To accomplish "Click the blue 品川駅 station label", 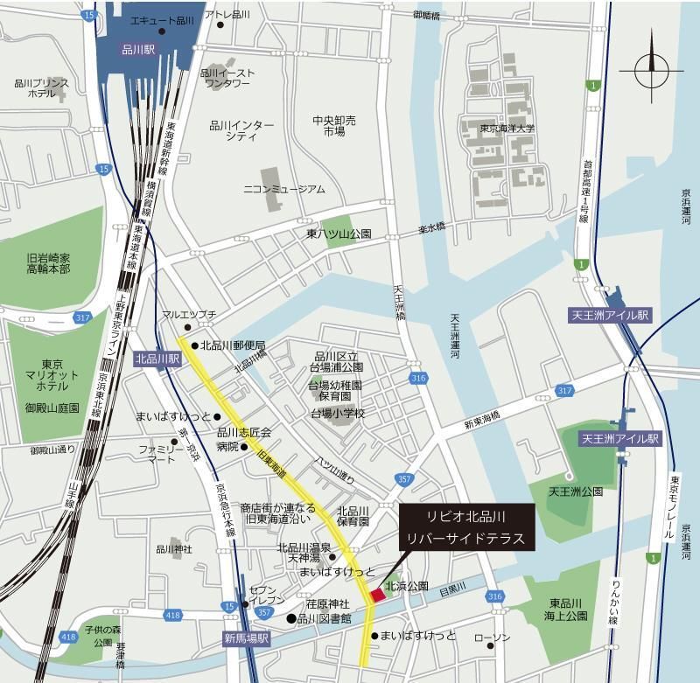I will [x=138, y=51].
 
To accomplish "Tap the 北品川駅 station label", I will [x=157, y=359].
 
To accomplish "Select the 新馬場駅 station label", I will [x=246, y=639].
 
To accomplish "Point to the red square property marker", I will [x=377, y=595].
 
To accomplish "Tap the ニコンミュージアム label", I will [x=284, y=189].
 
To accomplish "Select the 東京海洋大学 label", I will [x=507, y=129].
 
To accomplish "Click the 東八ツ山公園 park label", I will [x=339, y=234].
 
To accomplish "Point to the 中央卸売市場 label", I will [x=333, y=126].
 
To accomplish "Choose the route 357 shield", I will [x=404, y=479].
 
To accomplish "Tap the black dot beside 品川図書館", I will [x=291, y=619].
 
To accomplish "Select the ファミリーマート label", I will [x=162, y=453].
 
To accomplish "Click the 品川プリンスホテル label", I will [x=41, y=87].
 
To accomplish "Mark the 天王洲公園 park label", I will [x=575, y=492].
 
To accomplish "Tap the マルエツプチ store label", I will [x=183, y=313].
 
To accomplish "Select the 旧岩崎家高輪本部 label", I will [x=48, y=263].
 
